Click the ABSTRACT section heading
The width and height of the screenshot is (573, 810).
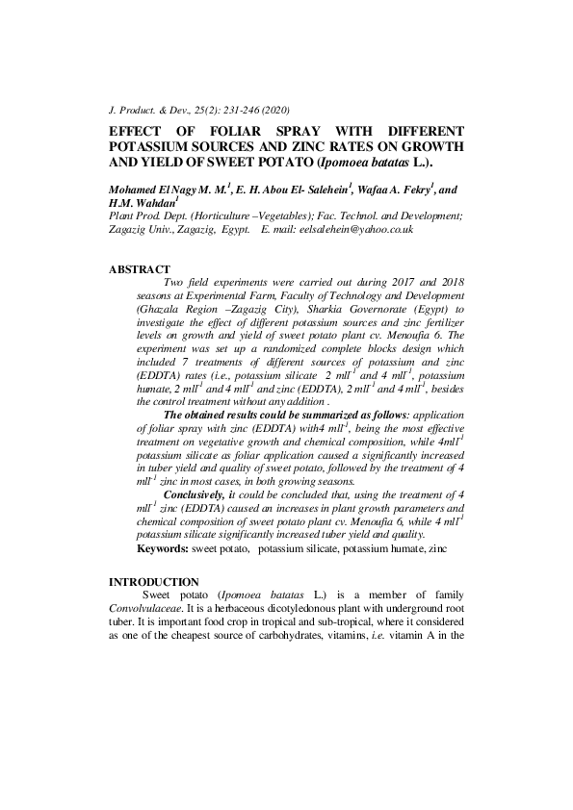pyautogui.click(x=140, y=268)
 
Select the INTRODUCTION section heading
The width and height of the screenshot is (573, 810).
pyautogui.click(x=153, y=582)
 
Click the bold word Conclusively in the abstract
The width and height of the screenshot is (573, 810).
pyautogui.click(x=195, y=494)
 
